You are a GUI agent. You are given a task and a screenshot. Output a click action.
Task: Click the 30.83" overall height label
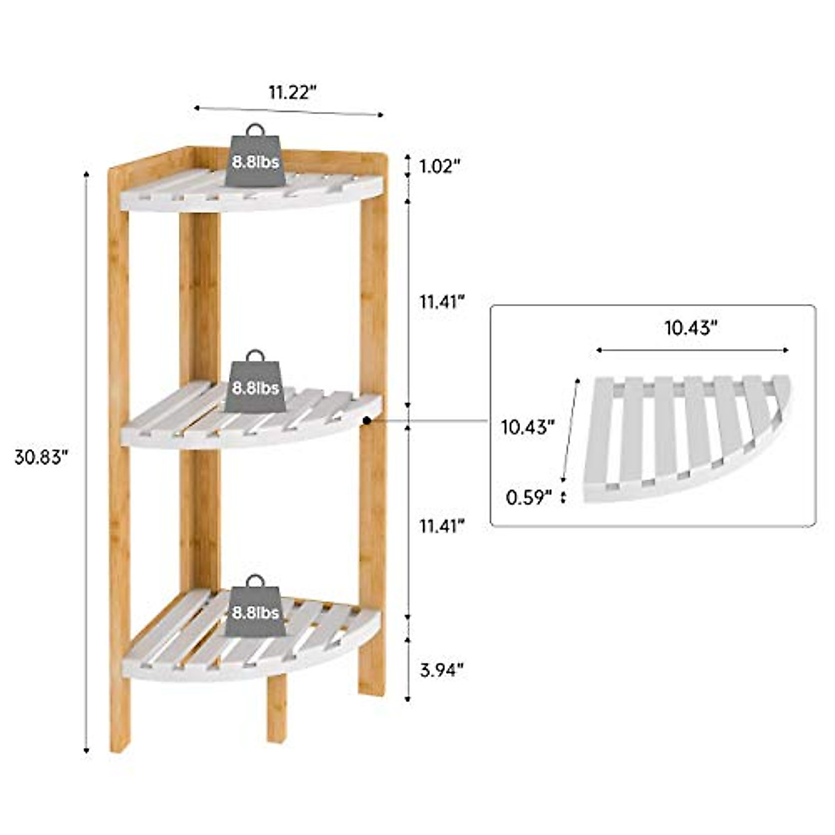point(42,457)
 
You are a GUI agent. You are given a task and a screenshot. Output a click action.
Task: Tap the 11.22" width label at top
point(294,91)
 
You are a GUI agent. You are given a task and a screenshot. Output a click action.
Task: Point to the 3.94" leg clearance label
point(442,670)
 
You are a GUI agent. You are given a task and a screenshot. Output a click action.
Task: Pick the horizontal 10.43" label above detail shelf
point(691,327)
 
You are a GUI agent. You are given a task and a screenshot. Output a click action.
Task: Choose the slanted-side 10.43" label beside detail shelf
point(528,426)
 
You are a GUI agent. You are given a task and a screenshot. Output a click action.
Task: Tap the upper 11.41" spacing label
point(442,301)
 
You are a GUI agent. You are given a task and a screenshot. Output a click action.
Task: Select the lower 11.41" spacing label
point(442,526)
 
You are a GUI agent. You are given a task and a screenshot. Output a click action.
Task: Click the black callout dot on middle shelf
point(367,420)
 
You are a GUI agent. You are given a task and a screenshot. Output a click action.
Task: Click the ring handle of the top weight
point(255,130)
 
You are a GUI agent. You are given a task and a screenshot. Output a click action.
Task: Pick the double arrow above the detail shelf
point(692,350)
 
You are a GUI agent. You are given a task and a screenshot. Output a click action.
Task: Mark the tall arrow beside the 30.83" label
point(86,459)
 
